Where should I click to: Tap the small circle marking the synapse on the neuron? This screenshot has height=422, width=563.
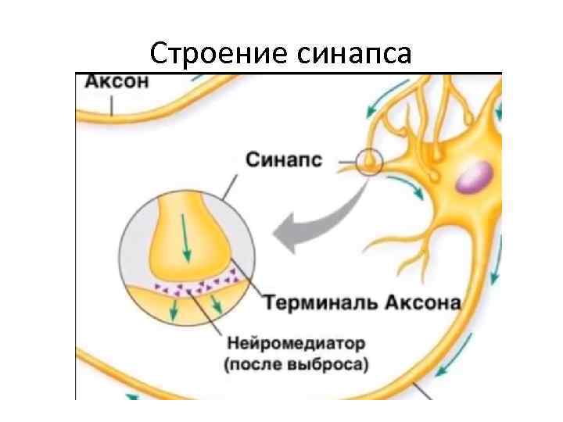368,163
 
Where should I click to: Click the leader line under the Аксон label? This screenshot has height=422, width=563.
111,103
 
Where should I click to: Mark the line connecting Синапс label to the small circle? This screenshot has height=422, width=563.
345,164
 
